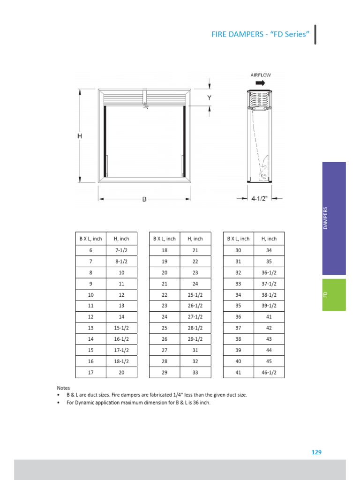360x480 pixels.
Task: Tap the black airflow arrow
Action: pos(260,82)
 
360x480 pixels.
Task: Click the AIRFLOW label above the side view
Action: pos(261,75)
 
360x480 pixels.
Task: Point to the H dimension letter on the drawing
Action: pos(80,136)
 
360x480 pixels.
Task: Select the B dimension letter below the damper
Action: pos(144,199)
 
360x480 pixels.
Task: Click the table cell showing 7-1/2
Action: pos(122,250)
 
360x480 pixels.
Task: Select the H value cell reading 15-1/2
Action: pos(122,328)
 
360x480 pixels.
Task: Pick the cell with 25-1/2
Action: pos(195,294)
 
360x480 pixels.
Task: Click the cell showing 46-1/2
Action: pos(269,372)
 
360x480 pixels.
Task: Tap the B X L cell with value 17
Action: pos(91,372)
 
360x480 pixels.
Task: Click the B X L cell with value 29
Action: pos(165,372)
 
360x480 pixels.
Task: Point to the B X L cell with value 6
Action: pos(91,250)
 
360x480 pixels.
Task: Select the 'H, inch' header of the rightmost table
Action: pos(269,239)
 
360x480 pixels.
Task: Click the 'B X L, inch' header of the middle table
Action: pos(165,239)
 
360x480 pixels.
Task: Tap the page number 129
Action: pos(316,452)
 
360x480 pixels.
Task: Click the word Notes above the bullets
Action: pos(63,388)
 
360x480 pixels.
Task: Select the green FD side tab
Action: pos(334,294)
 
